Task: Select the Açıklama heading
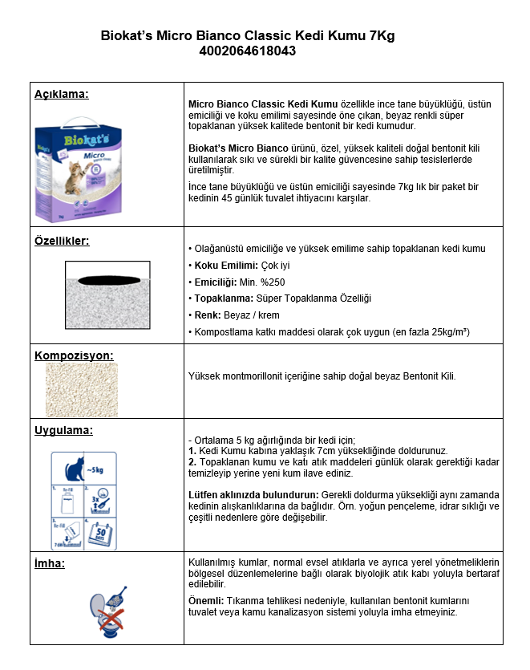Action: tap(61, 94)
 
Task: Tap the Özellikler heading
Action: tap(62, 240)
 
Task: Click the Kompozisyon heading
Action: tap(74, 355)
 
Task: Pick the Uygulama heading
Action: tap(63, 430)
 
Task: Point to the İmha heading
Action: tap(50, 562)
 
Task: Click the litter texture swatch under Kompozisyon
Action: tap(81, 389)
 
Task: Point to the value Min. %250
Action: tap(265, 282)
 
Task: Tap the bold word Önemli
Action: tap(204, 600)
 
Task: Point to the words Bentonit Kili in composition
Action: tap(430, 376)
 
